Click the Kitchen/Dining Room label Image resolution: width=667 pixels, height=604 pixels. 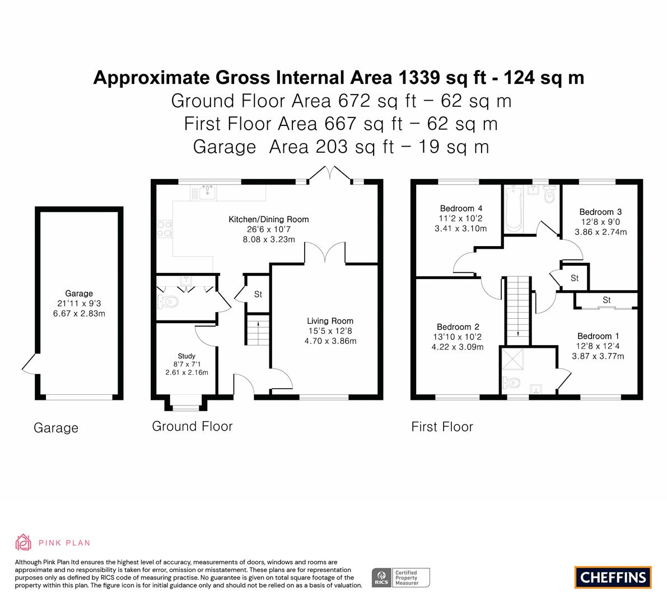[x=268, y=220]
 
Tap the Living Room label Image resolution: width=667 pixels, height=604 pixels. [x=330, y=321]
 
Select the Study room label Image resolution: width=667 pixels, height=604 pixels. [x=186, y=356]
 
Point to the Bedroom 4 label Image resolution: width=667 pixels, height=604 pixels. [x=461, y=209]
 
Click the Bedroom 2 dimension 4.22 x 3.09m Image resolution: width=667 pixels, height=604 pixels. [x=458, y=347]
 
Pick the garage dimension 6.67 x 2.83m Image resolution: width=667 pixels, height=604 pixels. [x=79, y=314]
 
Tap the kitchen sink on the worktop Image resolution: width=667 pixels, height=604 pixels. [x=208, y=192]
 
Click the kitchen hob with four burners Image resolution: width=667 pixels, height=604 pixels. [x=165, y=228]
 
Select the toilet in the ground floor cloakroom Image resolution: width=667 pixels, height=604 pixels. [x=167, y=302]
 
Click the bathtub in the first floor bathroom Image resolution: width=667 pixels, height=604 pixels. [x=514, y=208]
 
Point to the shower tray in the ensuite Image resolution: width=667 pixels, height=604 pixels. [x=514, y=359]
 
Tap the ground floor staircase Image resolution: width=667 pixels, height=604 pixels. [x=258, y=329]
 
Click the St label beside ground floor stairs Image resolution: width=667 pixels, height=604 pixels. [x=258, y=294]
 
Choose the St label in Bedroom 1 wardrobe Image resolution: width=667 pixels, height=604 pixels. [x=607, y=300]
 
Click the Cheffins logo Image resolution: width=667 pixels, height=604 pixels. [x=613, y=577]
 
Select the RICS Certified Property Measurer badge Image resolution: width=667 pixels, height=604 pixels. [x=401, y=578]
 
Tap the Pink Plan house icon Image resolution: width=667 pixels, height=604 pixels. [x=24, y=542]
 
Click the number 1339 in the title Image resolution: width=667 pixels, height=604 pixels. [x=418, y=78]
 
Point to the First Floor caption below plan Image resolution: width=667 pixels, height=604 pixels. [x=442, y=427]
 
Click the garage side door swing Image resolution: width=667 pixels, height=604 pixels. [x=29, y=365]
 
